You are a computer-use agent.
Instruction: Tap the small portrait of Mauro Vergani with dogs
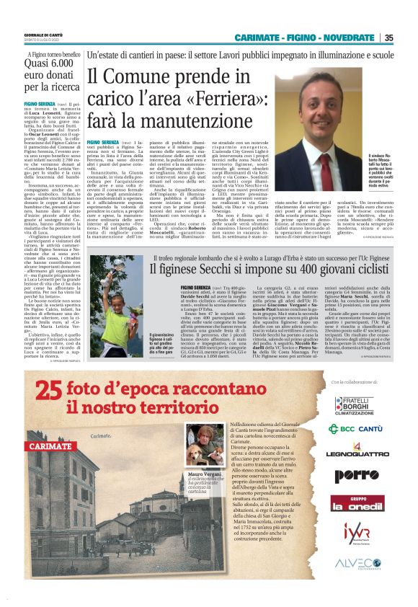[204, 445]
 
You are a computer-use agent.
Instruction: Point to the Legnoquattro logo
[358, 454]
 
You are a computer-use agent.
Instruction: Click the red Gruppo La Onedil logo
[358, 502]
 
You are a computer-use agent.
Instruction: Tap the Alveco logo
[358, 563]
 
